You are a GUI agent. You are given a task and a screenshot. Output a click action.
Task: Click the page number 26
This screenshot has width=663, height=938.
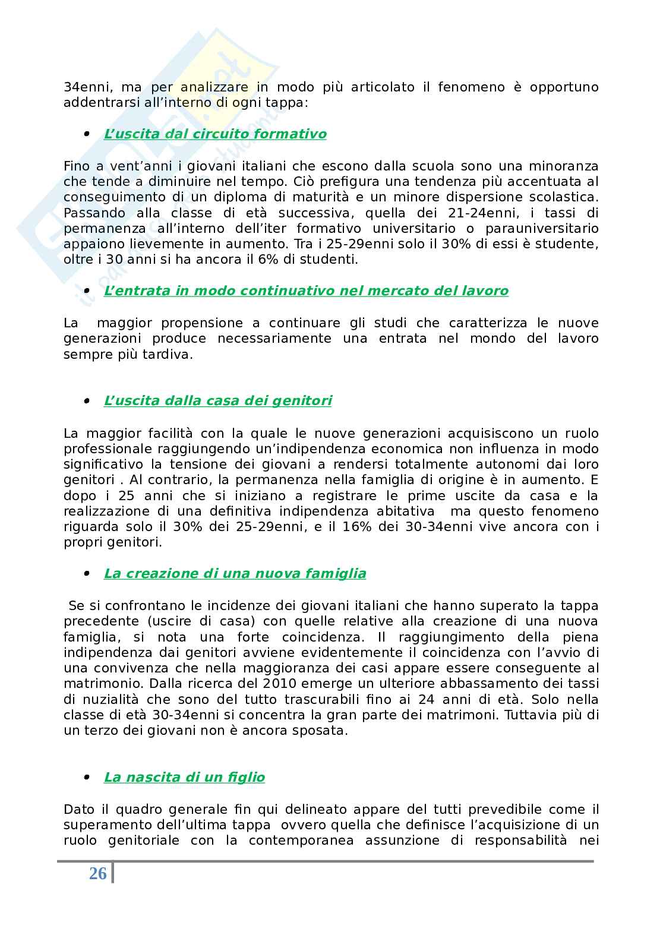(x=98, y=873)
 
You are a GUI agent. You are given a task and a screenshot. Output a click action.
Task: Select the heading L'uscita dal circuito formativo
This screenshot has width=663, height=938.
(x=215, y=134)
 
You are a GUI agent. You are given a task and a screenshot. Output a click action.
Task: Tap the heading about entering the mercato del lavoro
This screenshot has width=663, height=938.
(x=306, y=291)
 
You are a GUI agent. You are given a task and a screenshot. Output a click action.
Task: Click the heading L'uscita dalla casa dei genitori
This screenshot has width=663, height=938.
(x=217, y=401)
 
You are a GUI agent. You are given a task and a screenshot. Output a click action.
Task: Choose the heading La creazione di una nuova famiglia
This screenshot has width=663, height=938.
(x=235, y=574)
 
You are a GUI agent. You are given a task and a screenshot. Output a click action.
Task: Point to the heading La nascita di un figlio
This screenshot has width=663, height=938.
(x=184, y=778)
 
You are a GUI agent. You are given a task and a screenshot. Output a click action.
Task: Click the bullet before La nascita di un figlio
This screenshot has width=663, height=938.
(x=87, y=778)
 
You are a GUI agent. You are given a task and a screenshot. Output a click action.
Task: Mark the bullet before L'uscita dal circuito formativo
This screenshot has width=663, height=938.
(x=87, y=134)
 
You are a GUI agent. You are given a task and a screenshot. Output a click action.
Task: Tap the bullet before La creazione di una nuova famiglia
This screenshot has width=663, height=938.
(x=87, y=574)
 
